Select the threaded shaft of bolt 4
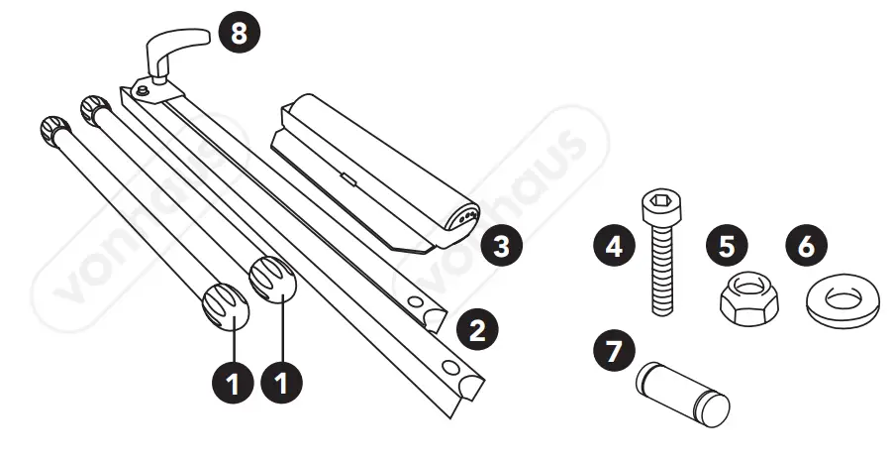point(661,268)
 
